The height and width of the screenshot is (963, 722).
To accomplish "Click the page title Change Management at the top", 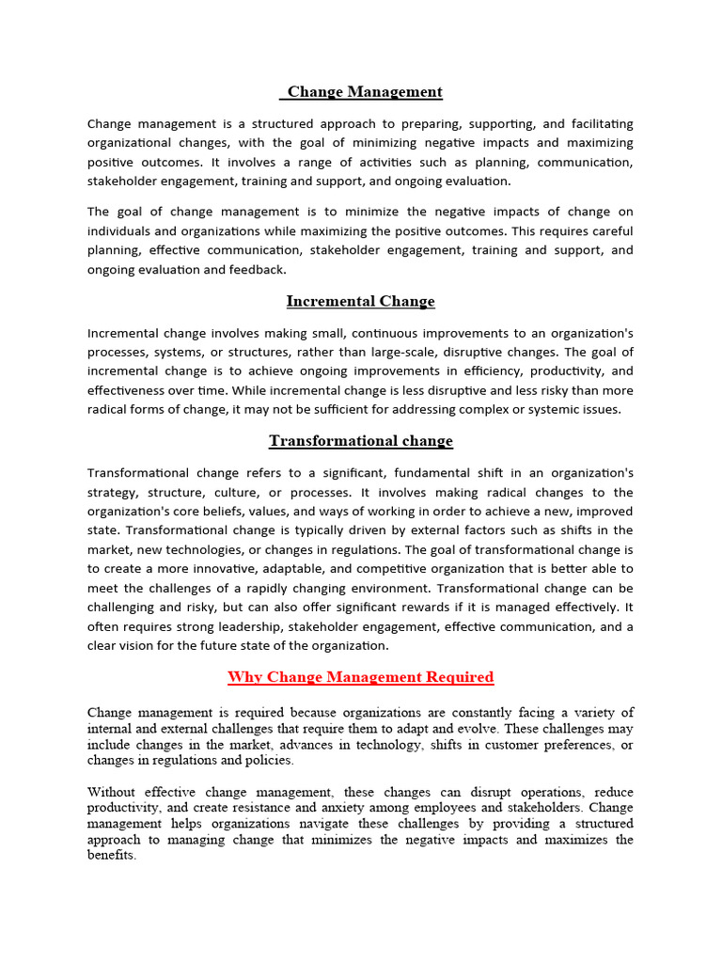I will [x=364, y=91].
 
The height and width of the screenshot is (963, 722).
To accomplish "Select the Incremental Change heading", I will [x=360, y=301].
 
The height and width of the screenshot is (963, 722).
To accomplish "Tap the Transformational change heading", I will [x=360, y=440].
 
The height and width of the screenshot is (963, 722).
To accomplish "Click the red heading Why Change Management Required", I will [x=360, y=676].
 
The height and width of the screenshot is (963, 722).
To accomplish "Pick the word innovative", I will [x=238, y=569].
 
